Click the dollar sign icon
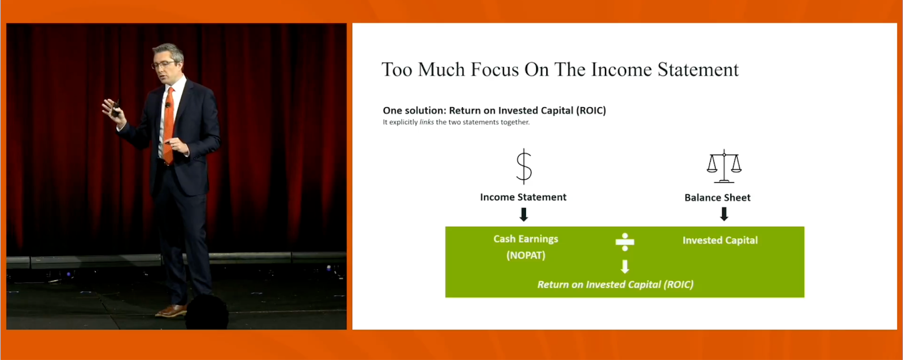click(x=524, y=166)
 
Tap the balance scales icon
click(x=724, y=166)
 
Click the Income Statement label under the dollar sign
click(x=523, y=197)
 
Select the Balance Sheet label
click(x=717, y=197)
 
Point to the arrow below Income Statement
click(x=524, y=214)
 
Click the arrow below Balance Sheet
click(x=724, y=214)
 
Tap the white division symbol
click(x=625, y=242)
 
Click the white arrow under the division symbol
click(x=625, y=266)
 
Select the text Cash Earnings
click(x=525, y=239)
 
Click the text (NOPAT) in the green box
click(x=525, y=255)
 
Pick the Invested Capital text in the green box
click(x=720, y=240)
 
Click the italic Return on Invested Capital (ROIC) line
click(x=615, y=284)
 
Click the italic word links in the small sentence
click(x=427, y=122)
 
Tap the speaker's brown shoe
click(x=172, y=310)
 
